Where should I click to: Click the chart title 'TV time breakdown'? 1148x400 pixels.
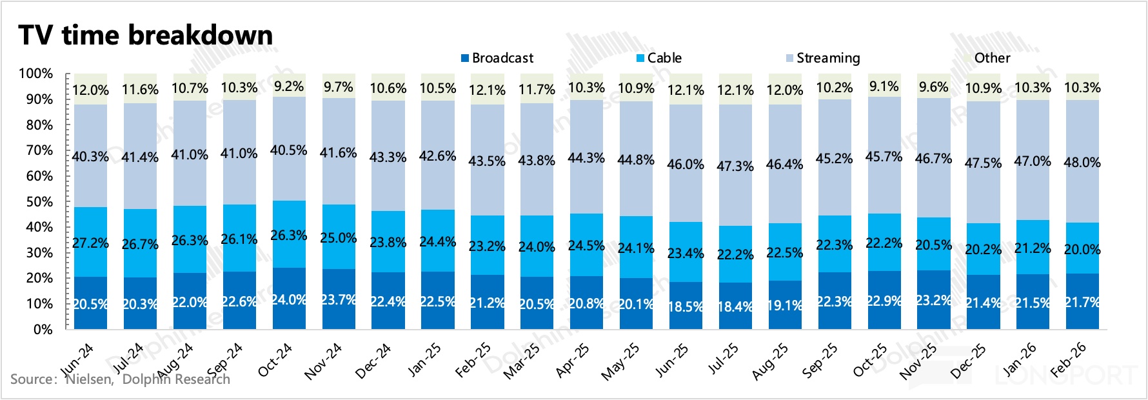[x=146, y=35]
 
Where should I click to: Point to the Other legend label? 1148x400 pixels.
[x=992, y=58]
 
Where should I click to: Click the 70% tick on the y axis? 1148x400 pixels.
[x=39, y=150]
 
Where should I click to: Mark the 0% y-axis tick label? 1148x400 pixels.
[x=43, y=330]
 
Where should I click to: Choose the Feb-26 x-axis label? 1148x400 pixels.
[x=1068, y=360]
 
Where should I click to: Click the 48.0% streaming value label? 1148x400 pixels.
[x=1082, y=163]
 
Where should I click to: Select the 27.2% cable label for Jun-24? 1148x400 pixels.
[x=90, y=243]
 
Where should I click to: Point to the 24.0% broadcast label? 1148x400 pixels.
[x=288, y=300]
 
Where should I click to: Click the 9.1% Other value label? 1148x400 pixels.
[x=884, y=86]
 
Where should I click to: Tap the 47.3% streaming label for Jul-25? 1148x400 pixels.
[x=735, y=166]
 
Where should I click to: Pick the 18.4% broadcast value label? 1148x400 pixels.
[x=735, y=307]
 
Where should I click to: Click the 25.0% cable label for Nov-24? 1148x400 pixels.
[x=339, y=238]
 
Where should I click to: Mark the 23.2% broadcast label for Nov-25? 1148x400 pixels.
[x=933, y=301]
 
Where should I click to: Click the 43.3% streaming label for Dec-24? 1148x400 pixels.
[x=388, y=157]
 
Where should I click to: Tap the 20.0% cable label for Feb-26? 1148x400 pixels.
[x=1082, y=250]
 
